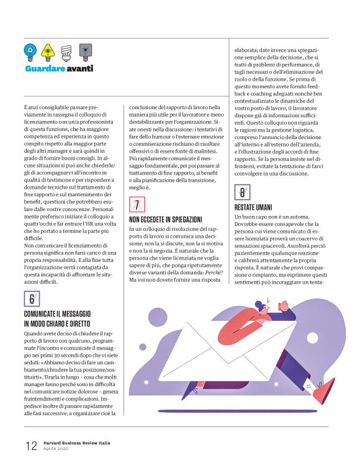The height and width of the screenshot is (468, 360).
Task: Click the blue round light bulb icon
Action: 30,50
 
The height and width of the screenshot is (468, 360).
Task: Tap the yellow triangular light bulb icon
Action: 47,50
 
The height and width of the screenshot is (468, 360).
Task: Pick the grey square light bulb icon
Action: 85,50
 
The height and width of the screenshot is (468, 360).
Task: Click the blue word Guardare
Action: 47,68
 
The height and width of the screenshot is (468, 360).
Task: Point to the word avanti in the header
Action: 81,68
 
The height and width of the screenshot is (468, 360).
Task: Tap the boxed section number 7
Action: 137,204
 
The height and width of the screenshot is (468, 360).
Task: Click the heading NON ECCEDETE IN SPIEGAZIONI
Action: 165,219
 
